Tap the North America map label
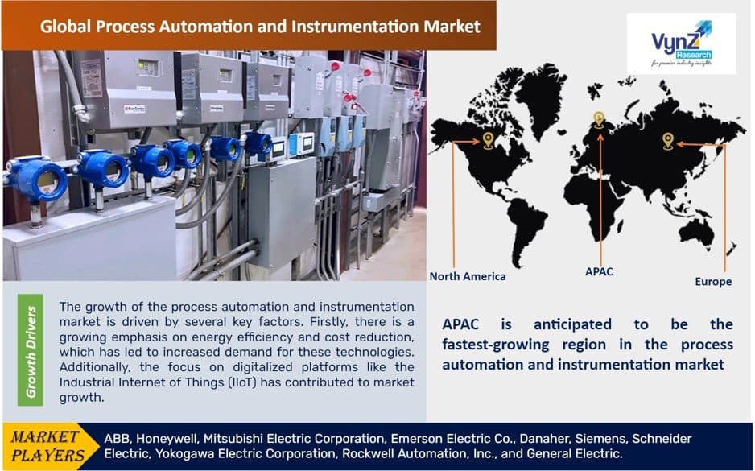click(468, 276)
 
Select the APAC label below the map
click(598, 271)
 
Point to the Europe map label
click(713, 282)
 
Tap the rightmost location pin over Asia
click(667, 141)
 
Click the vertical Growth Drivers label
click(31, 352)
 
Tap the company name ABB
click(118, 438)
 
